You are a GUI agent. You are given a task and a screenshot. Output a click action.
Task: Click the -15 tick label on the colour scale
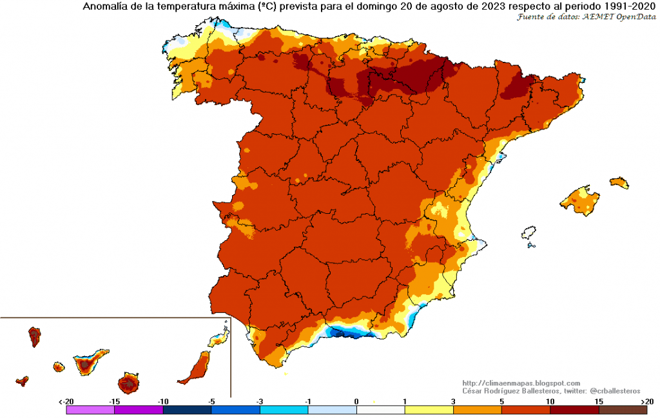(115, 401)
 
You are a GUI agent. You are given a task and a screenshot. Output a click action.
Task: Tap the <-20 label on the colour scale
(66, 401)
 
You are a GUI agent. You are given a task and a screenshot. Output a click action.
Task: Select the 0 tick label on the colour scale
(356, 401)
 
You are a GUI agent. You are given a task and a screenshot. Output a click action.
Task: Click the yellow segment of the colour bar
(429, 409)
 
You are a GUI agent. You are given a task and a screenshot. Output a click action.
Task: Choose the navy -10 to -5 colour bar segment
(187, 409)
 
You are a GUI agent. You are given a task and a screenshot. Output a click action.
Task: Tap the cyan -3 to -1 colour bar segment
(284, 409)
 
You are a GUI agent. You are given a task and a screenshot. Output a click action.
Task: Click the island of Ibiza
(530, 233)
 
